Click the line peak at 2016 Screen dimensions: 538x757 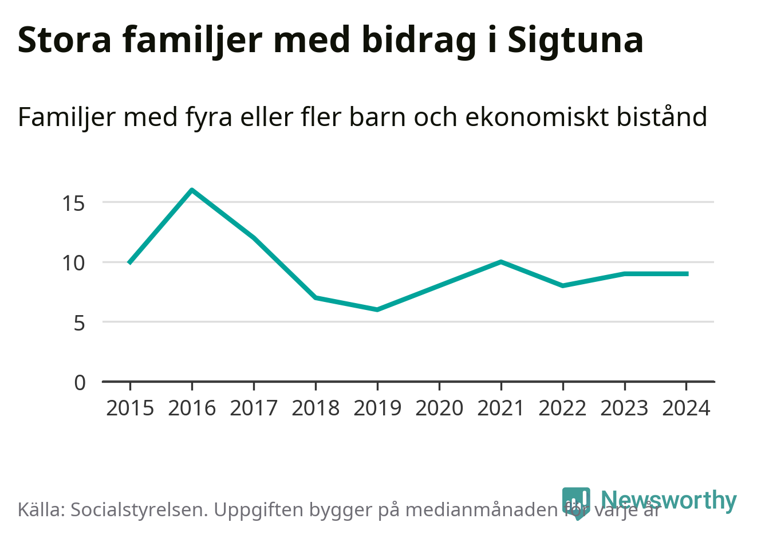click(192, 190)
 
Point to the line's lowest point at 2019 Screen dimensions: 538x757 click(377, 309)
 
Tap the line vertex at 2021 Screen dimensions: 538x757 click(501, 262)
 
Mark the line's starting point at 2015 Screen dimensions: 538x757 click(130, 262)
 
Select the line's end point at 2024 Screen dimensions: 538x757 click(687, 274)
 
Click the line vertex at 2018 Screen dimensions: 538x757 click(316, 297)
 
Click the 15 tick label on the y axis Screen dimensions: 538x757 click(74, 203)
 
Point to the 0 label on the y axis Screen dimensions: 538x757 click(80, 382)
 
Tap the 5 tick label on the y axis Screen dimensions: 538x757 click(80, 323)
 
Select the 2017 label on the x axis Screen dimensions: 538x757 click(254, 408)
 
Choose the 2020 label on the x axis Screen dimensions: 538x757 click(439, 408)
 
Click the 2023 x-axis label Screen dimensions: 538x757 click(625, 408)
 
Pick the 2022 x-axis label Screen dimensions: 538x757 click(563, 408)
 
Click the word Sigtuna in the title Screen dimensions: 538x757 click(575, 40)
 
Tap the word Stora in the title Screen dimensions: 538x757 click(65, 40)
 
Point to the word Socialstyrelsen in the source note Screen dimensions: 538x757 click(137, 509)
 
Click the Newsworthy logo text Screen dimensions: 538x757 click(669, 500)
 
